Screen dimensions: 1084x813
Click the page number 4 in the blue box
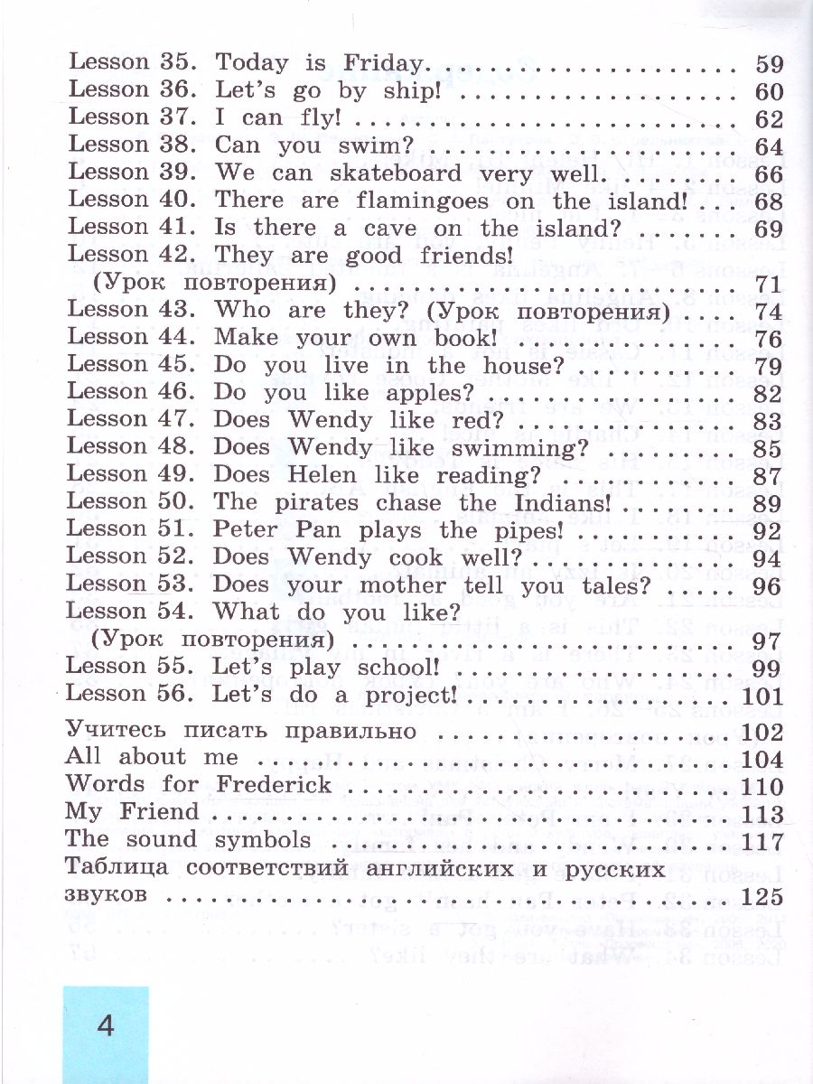click(x=106, y=1027)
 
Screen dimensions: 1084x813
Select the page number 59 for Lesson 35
click(x=769, y=65)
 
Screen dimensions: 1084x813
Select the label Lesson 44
click(x=133, y=338)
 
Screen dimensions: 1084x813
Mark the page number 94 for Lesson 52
click(x=769, y=559)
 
